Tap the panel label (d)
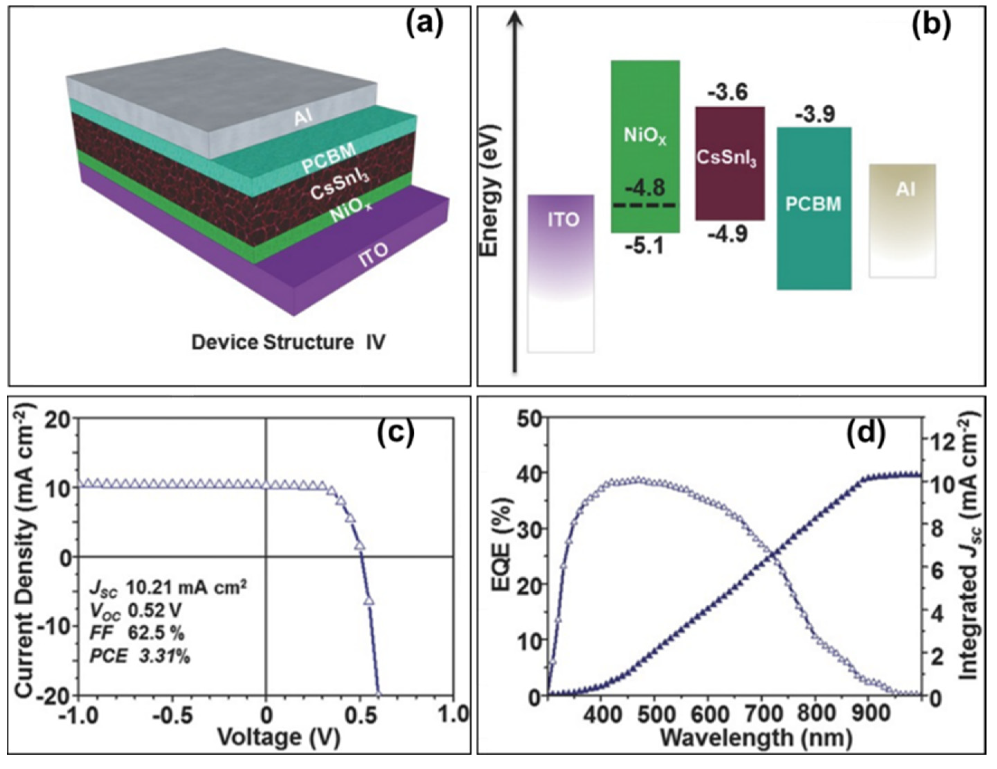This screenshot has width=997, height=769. coord(866,433)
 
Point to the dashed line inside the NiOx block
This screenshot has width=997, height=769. coord(645,205)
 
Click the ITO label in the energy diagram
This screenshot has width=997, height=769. coord(563,220)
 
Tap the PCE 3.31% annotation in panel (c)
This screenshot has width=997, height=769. coord(140,657)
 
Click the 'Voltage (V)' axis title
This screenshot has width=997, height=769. coord(279,738)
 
